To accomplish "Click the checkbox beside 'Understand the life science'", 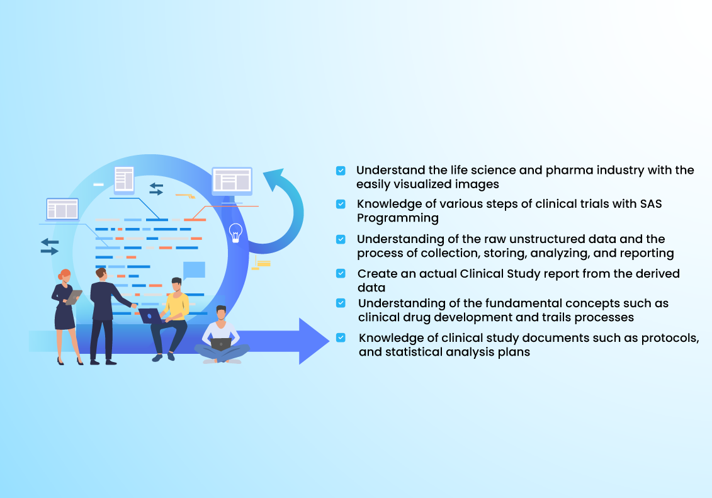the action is coord(341,171).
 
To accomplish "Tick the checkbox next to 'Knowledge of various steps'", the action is coord(341,204).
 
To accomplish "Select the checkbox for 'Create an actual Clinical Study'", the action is coord(341,273).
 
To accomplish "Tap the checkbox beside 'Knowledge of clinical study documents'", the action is coord(341,337).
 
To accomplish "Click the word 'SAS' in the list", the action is coord(651,204).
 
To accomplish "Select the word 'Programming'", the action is coord(398,218).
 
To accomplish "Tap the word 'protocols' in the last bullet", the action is coord(670,339).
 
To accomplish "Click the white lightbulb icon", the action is coord(235,233).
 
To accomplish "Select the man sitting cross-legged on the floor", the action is coord(221,336).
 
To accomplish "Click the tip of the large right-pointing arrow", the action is coord(329,341).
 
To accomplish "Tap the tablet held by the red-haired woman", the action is coord(74,297).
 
